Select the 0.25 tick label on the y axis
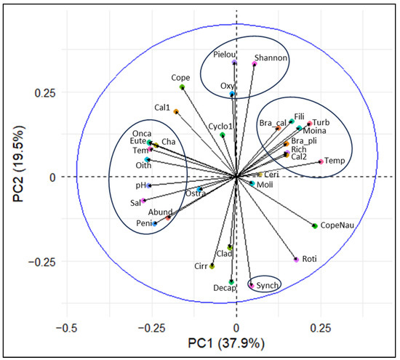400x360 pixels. (x=37, y=93)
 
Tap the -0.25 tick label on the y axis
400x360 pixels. (x=35, y=262)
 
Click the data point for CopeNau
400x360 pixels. (x=315, y=226)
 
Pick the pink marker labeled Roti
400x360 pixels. (x=296, y=260)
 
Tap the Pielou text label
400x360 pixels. (x=228, y=54)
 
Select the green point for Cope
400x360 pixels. (x=182, y=87)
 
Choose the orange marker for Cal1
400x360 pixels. (x=176, y=112)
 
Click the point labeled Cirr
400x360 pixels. (x=212, y=267)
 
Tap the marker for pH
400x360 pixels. (x=148, y=186)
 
